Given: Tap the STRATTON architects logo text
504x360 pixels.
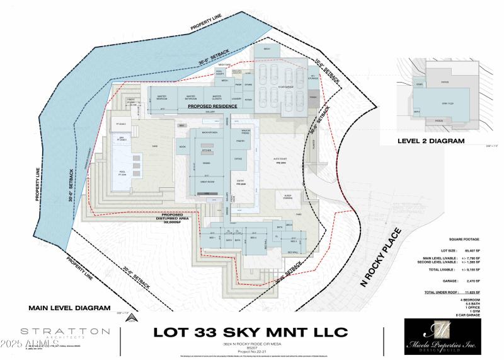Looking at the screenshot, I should tap(59, 331).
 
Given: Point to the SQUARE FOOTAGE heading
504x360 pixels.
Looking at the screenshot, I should tap(464, 240).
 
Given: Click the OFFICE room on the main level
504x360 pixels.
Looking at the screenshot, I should tap(238, 159).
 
